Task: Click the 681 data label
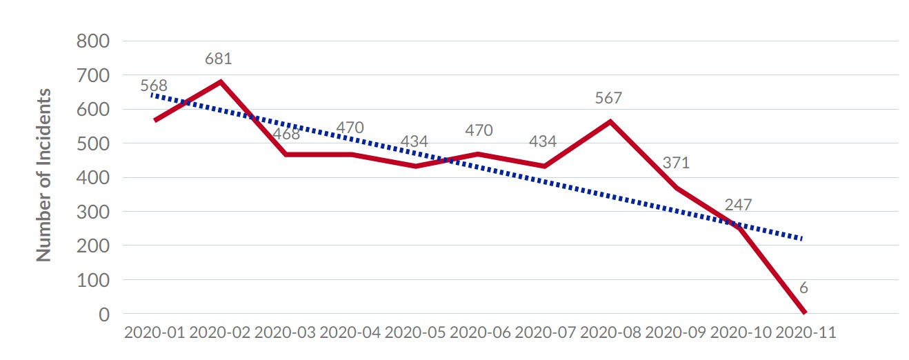pyautogui.click(x=218, y=59)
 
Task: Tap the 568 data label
pyautogui.click(x=154, y=87)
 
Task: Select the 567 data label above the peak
pyautogui.click(x=608, y=98)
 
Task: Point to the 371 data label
pyautogui.click(x=676, y=163)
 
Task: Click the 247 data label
pyautogui.click(x=738, y=205)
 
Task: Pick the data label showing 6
pyautogui.click(x=803, y=288)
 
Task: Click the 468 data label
pyautogui.click(x=286, y=134)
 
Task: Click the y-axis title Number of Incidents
pyautogui.click(x=44, y=174)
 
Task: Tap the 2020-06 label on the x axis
pyautogui.click(x=480, y=332)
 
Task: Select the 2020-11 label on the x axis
pyautogui.click(x=806, y=332)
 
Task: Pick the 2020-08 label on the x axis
pyautogui.click(x=610, y=332)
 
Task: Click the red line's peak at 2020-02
pyautogui.click(x=220, y=81)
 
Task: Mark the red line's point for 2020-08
pyautogui.click(x=610, y=121)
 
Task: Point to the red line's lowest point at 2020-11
pyautogui.click(x=803, y=312)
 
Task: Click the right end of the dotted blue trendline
pyautogui.click(x=802, y=239)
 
